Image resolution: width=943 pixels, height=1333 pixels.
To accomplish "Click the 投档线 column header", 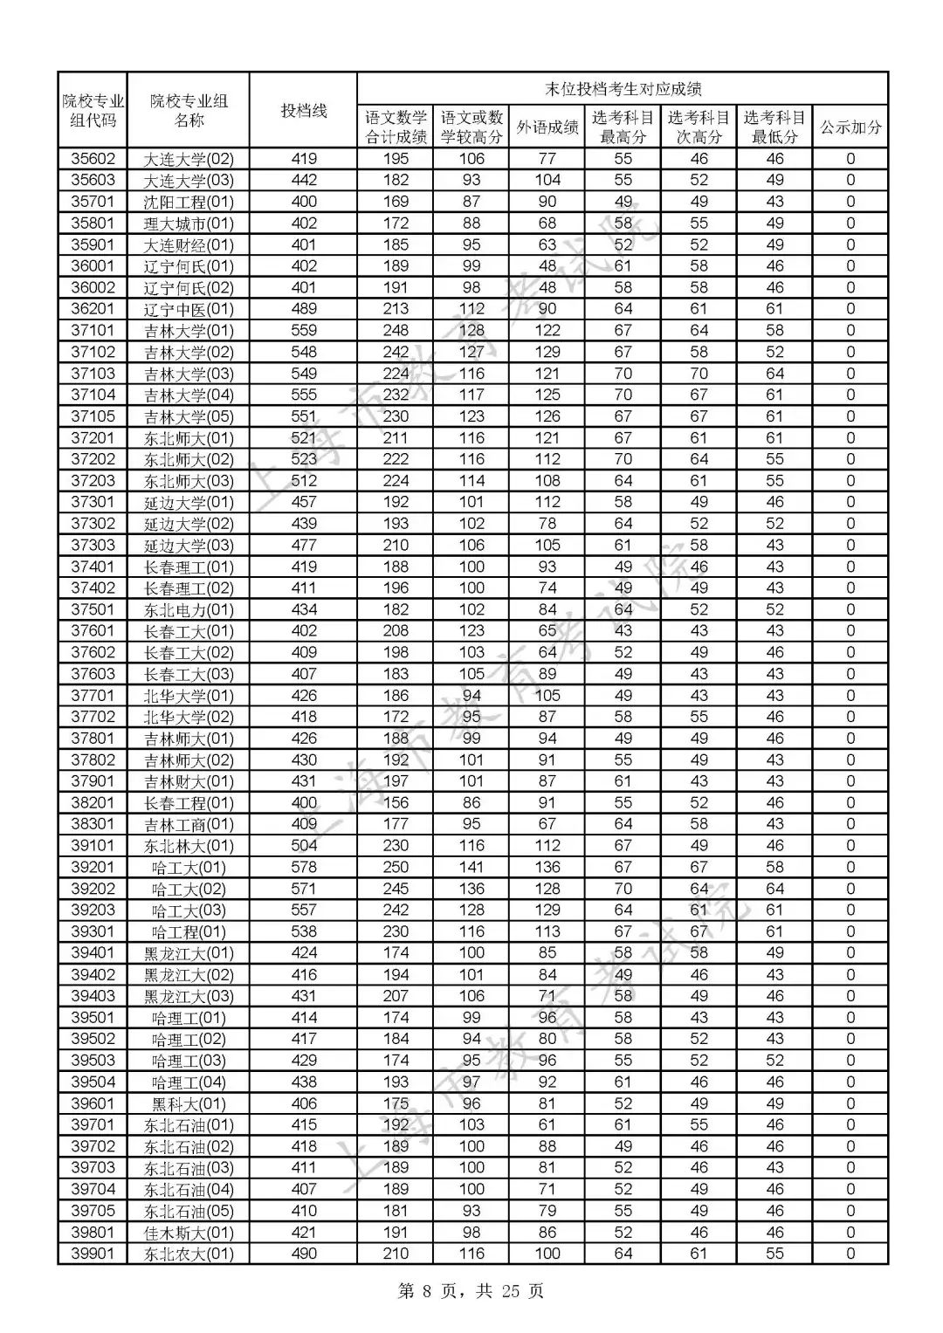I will coord(303,110).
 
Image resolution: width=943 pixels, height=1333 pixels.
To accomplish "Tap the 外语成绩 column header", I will coord(547,127).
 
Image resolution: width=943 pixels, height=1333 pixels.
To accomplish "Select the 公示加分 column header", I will coord(850,127).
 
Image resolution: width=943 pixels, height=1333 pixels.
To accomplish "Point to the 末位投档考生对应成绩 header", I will coord(623,88).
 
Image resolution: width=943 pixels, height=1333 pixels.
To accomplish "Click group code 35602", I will coord(93,159).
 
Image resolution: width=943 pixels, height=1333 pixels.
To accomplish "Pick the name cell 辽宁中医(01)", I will coord(189,309).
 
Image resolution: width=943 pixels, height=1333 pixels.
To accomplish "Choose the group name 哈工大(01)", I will coord(189,868).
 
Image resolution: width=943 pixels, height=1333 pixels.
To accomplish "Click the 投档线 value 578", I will coord(303,868).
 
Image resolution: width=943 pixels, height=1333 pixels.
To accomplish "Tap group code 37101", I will coord(93,331).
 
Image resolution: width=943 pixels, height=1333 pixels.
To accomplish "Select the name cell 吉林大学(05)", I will coord(189,416).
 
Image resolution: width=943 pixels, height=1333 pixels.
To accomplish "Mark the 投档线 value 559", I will coord(303,331).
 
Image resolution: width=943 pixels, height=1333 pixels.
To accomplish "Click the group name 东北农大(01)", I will coord(189,1254).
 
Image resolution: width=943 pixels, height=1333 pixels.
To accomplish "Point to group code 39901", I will coord(93,1254).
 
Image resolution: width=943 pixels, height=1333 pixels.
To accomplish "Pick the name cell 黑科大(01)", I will coord(189,1104).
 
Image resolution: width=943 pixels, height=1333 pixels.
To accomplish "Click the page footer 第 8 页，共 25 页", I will coord(471,1291).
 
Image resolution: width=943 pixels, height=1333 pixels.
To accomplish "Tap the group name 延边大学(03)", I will coord(189,546).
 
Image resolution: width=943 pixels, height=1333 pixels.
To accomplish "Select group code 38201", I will coord(93,803).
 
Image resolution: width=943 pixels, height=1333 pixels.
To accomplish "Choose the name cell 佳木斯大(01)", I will coord(189,1233).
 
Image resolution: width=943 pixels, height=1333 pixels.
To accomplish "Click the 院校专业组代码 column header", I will coord(93,110).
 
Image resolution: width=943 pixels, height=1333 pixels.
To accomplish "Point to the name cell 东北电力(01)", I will coord(189,610).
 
